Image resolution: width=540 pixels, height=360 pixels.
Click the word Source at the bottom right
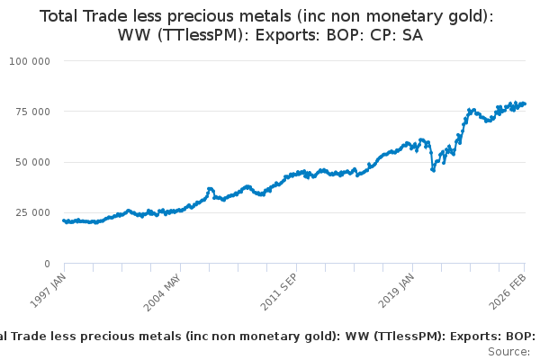[508, 351]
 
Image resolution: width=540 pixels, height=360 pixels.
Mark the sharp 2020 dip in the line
[433, 168]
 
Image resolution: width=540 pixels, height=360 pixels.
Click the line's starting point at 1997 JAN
[64, 220]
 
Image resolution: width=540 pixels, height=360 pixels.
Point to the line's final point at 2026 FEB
[524, 103]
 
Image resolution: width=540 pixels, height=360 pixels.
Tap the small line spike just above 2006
[211, 189]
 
